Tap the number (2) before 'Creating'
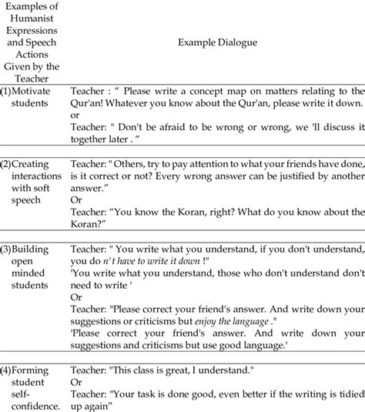[x=6, y=165]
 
